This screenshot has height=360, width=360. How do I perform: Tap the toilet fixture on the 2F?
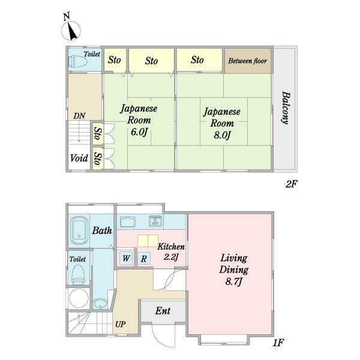(77, 62)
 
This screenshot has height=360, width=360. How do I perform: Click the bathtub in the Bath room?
(79, 231)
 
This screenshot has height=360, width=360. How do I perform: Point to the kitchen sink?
(128, 222)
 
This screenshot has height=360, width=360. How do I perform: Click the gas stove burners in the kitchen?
(155, 221)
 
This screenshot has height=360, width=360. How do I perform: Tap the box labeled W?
(126, 258)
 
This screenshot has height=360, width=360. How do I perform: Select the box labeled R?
(144, 259)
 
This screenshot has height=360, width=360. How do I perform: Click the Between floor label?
(247, 61)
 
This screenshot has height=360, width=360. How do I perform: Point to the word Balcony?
(286, 107)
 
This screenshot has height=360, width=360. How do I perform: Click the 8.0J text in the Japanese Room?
(222, 135)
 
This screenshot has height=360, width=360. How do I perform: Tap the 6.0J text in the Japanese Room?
(139, 132)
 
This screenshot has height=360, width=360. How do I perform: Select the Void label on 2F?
(79, 158)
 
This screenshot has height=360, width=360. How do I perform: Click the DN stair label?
(79, 116)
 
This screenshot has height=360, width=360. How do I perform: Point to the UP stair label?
(121, 324)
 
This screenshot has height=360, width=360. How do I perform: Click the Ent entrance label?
(163, 311)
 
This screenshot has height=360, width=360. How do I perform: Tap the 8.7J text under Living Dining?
(233, 281)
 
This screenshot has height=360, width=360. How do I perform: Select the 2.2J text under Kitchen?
(171, 257)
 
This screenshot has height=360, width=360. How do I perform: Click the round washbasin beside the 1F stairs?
(100, 304)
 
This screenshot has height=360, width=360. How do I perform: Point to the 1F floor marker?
(278, 343)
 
